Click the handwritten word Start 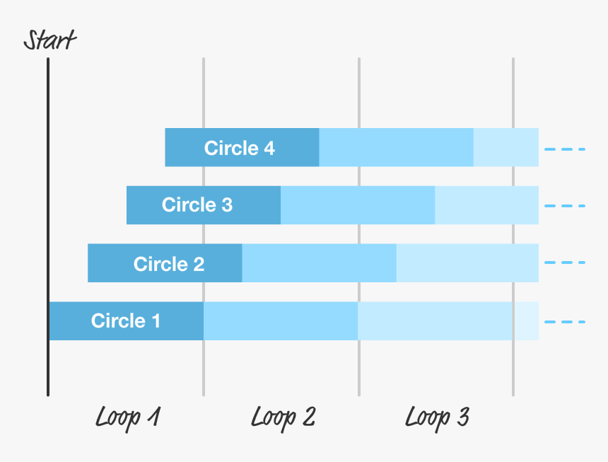49,40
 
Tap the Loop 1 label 127,417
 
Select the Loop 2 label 283,417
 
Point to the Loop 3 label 437,417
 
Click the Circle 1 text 126,321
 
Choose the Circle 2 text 169,264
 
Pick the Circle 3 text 197,205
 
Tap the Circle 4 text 240,148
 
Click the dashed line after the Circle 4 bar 565,149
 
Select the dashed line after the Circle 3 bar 565,206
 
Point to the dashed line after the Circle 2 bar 565,263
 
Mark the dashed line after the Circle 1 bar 565,322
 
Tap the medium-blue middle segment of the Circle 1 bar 281,321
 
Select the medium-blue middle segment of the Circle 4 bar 396,148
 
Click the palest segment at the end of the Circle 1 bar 526,321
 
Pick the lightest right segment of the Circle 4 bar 505,148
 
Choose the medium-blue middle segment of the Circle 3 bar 358,205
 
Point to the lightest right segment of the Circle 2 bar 467,263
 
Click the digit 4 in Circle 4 269,148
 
